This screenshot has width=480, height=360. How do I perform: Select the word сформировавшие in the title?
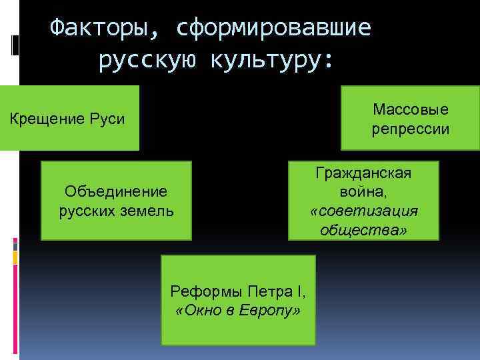[275, 27]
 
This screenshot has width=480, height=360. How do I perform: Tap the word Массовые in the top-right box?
[411, 109]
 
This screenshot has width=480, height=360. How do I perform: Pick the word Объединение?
[115, 192]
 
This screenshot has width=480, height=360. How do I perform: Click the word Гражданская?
[364, 173]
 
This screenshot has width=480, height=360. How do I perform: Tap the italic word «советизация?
[364, 211]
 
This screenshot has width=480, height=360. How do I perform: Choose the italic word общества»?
[364, 230]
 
